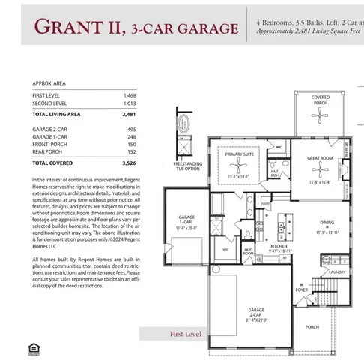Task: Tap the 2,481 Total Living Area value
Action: (x=129, y=115)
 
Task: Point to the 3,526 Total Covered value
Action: (x=129, y=162)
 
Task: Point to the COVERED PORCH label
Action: (x=321, y=99)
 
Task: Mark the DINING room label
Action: (x=327, y=223)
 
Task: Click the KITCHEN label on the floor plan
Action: (x=279, y=247)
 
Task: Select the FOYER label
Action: (x=301, y=289)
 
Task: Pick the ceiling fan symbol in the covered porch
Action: (x=321, y=115)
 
